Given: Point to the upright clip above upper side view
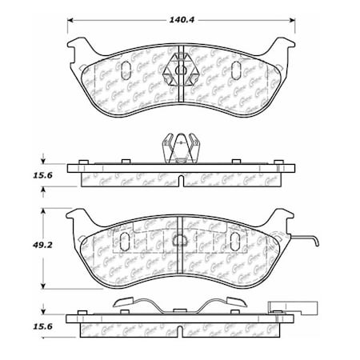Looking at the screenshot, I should [181, 147].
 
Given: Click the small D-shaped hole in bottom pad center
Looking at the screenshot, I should [181, 238].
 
